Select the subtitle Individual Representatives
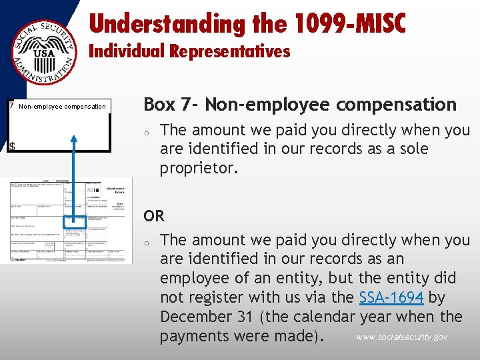190,51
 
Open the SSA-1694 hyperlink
391,297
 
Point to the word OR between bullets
154,216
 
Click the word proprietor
199,168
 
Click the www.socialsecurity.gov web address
402,337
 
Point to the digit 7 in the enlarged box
11,105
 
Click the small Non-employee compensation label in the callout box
62,106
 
